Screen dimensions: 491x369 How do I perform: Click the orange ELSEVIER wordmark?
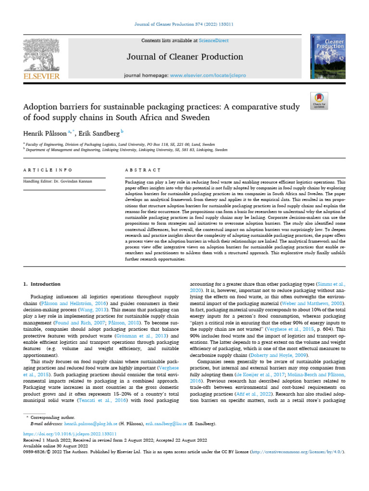click(41, 76)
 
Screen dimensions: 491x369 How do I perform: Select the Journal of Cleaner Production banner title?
click(184, 57)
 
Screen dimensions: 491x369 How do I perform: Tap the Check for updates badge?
click(319, 100)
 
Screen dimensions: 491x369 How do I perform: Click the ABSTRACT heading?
click(142, 170)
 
